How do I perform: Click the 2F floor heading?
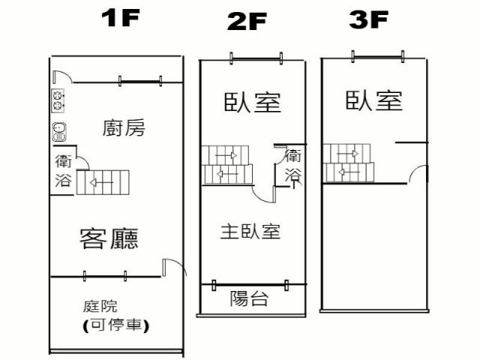(x=247, y=22)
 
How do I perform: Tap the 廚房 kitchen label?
(x=123, y=128)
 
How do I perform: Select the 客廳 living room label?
(x=109, y=238)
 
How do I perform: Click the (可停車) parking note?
(x=115, y=325)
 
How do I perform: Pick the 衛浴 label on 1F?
(x=64, y=170)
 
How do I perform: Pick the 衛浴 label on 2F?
(x=293, y=166)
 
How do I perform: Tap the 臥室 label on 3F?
(x=373, y=100)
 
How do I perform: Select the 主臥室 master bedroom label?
(x=250, y=231)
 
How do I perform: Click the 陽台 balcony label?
(x=248, y=300)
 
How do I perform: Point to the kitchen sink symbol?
(x=58, y=131)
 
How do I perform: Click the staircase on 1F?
(x=103, y=181)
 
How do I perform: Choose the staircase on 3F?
(x=348, y=163)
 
